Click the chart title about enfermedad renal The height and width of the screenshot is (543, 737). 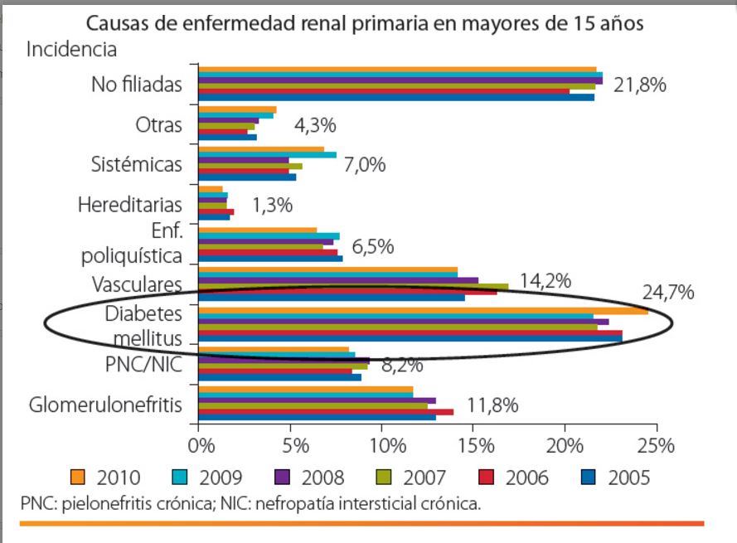pos(364,23)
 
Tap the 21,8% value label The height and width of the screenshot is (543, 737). pos(639,85)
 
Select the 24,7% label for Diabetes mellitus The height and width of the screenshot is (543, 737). pos(667,293)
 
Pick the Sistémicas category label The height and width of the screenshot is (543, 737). pos(136,163)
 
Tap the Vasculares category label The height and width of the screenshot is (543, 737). pos(138,284)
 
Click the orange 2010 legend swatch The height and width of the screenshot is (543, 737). pos(79,478)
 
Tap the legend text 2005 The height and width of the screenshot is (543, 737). pos(628,478)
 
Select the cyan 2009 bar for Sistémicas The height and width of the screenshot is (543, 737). pos(267,155)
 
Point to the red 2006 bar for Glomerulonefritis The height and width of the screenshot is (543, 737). pos(326,411)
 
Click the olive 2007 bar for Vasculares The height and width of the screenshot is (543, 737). pos(353,287)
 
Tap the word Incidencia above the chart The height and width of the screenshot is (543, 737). pos(72,49)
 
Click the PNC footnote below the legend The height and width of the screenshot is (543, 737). pos(250,503)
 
